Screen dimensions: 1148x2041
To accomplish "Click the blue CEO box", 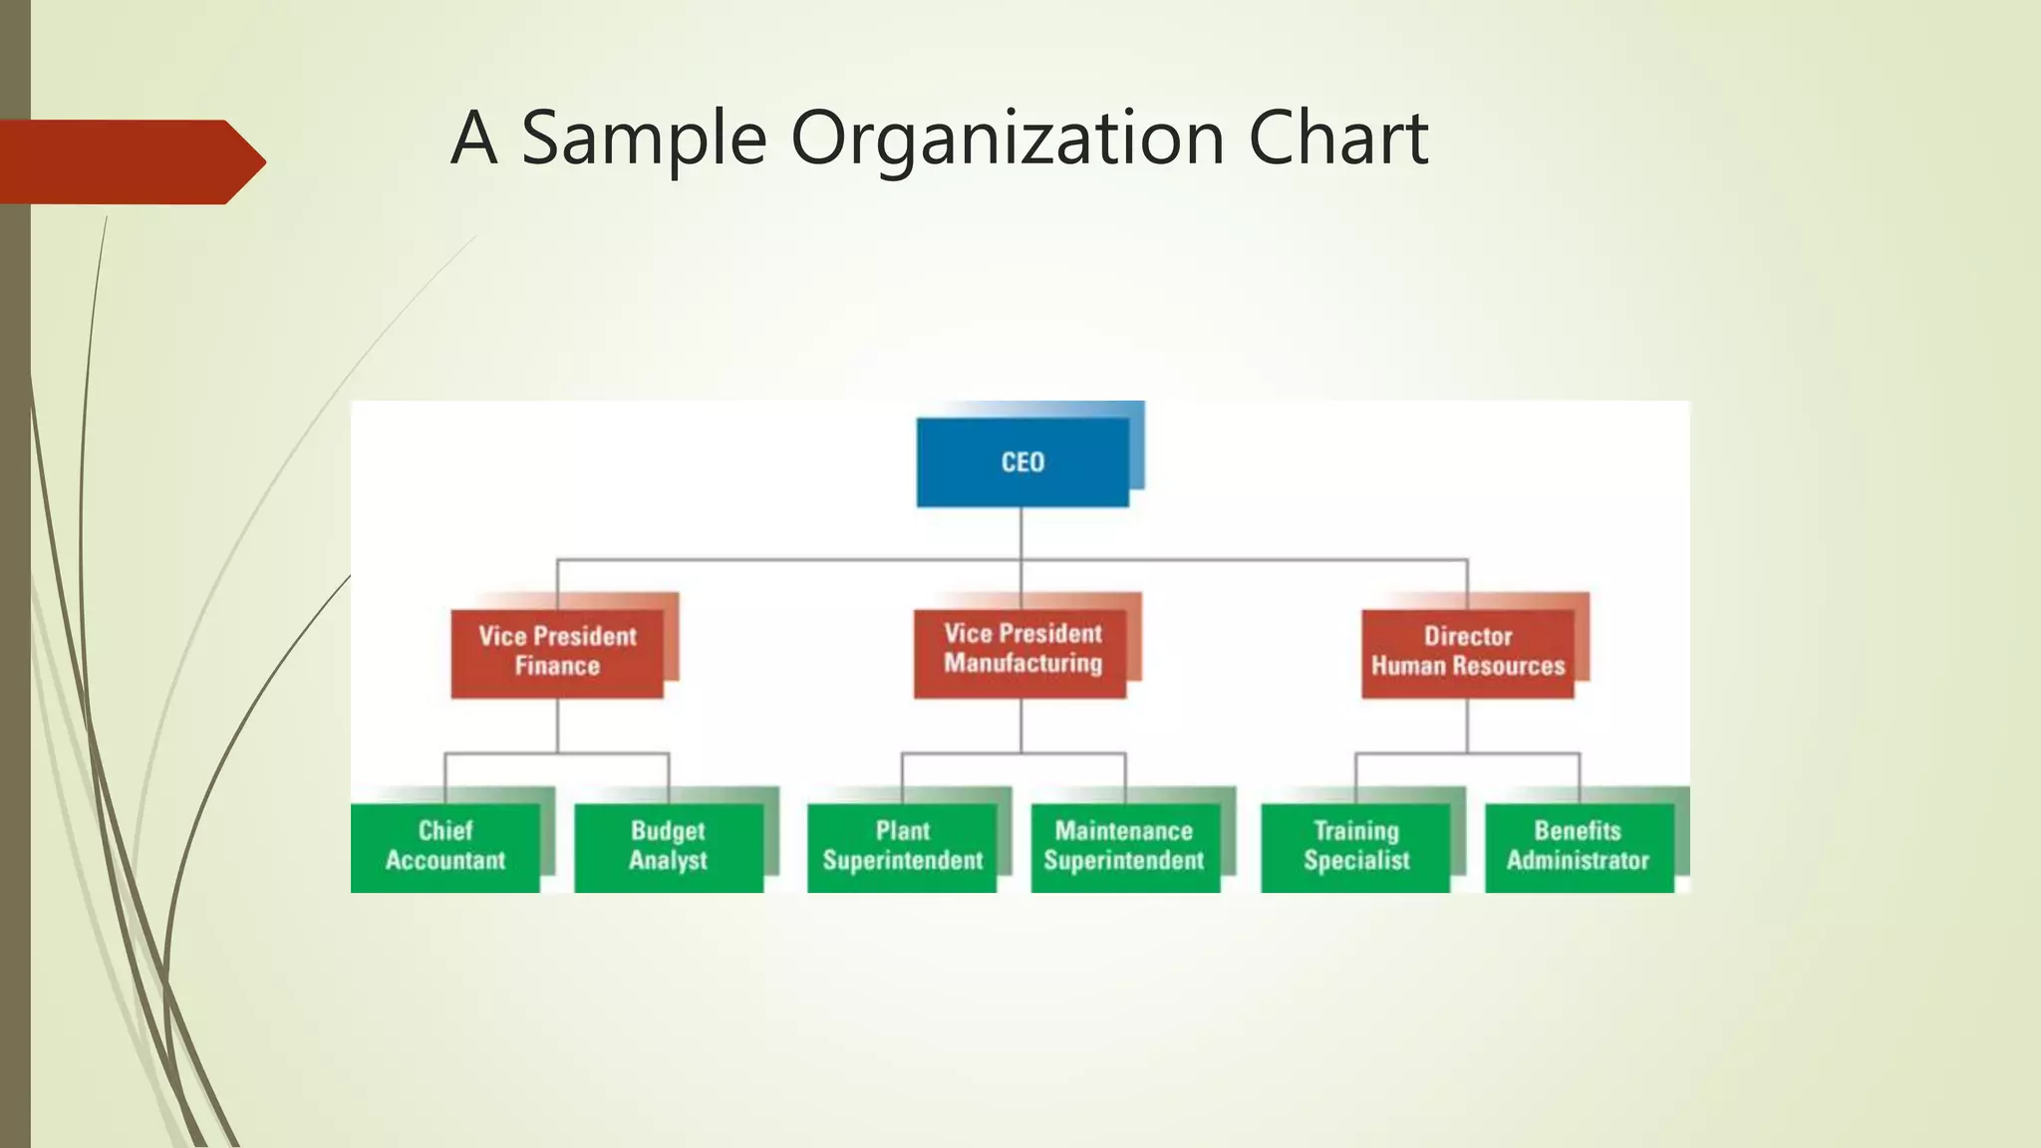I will (x=1022, y=462).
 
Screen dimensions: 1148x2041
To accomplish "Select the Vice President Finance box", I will (x=557, y=652).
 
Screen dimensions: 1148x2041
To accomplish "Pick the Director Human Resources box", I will (x=1468, y=652).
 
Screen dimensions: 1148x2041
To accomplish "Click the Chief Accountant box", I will (x=445, y=846).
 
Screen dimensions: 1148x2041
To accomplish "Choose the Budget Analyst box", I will (x=668, y=846).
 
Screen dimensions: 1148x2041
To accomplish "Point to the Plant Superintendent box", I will (x=902, y=846).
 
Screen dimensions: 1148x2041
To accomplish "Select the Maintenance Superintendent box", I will (x=1124, y=846).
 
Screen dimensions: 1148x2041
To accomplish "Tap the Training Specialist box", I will (x=1355, y=846).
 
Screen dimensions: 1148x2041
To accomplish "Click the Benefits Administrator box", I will (x=1578, y=846).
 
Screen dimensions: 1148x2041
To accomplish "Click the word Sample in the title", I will (x=644, y=139).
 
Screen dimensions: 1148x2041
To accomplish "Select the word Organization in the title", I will (x=1007, y=139).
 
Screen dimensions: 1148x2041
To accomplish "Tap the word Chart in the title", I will (x=1337, y=139).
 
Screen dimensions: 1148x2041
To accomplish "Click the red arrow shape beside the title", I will (x=130, y=161).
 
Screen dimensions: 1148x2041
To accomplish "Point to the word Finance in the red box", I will (x=557, y=667).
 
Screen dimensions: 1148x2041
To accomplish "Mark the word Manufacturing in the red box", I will (x=1022, y=664).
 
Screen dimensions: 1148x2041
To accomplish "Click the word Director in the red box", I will (x=1468, y=636).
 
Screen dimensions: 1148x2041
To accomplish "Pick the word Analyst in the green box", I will (x=668, y=861).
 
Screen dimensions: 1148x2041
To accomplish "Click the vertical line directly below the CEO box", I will (x=1020, y=533).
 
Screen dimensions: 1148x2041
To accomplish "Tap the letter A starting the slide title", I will (x=474, y=139).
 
